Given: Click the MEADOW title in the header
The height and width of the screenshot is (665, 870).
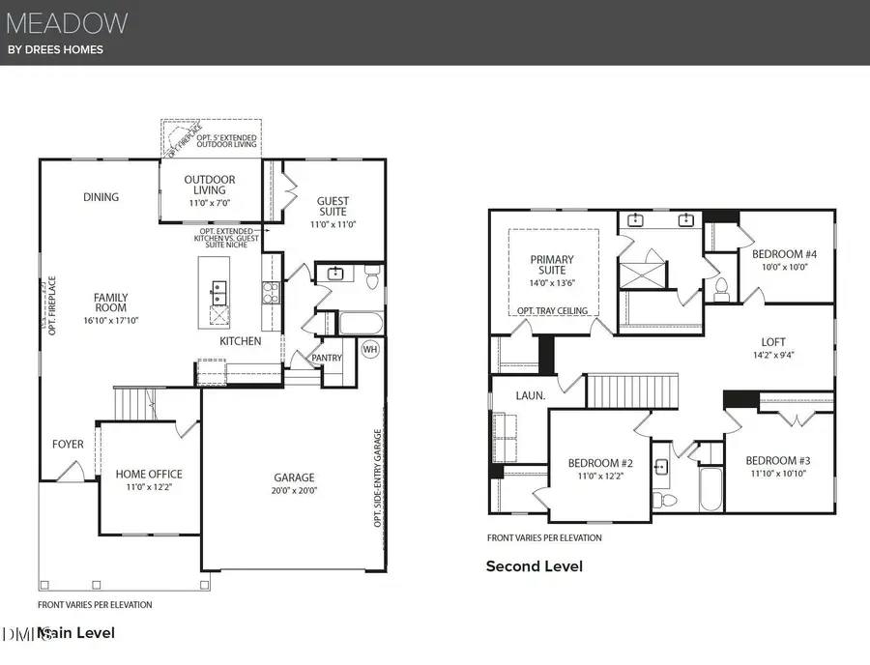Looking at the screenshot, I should [x=67, y=21].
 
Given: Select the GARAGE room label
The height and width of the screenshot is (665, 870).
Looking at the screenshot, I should [x=294, y=477].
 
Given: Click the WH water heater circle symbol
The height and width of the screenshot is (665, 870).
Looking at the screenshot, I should [x=370, y=350].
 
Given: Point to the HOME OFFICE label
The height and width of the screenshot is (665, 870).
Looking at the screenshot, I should [x=149, y=474].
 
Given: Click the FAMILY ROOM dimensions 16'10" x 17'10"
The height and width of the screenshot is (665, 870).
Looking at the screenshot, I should [x=110, y=320].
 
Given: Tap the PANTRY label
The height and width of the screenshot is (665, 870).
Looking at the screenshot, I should [x=326, y=358].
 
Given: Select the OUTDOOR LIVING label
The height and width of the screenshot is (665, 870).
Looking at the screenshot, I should [x=210, y=185].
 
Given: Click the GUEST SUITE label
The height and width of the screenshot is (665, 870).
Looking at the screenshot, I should [x=333, y=207].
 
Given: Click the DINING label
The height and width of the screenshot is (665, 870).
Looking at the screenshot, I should [x=101, y=197].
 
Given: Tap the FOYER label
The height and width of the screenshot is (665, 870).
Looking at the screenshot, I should [x=68, y=445].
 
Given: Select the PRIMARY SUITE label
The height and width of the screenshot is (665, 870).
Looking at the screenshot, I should [x=552, y=265].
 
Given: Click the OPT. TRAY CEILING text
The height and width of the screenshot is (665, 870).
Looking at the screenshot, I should [x=552, y=310].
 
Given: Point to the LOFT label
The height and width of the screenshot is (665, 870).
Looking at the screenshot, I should [x=773, y=342].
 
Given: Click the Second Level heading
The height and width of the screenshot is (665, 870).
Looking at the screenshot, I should [x=534, y=566].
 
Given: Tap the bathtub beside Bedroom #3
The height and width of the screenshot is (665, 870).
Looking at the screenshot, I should [x=710, y=489].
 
